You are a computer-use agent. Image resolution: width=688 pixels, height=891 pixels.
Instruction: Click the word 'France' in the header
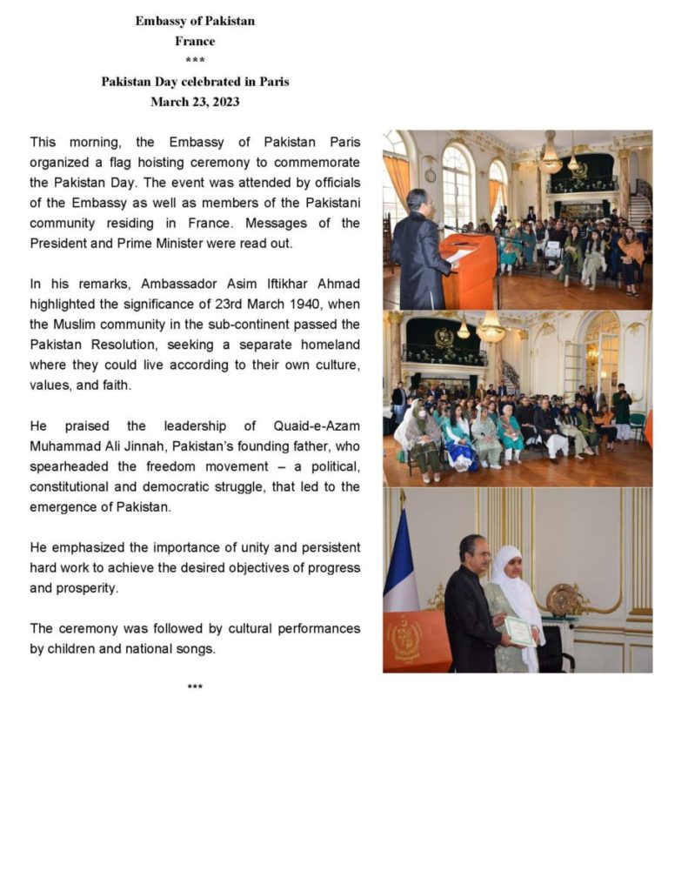(195, 41)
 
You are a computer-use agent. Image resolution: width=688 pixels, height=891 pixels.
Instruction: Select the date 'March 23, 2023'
(195, 102)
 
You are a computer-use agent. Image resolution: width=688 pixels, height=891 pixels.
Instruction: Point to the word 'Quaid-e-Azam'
(315, 426)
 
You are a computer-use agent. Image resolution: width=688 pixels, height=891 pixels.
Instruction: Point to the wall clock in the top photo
(430, 176)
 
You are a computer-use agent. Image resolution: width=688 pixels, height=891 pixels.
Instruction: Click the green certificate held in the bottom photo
(520, 631)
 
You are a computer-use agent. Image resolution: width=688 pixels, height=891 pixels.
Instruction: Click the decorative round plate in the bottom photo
(562, 600)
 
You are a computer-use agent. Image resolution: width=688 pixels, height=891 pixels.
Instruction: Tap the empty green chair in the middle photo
(637, 426)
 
